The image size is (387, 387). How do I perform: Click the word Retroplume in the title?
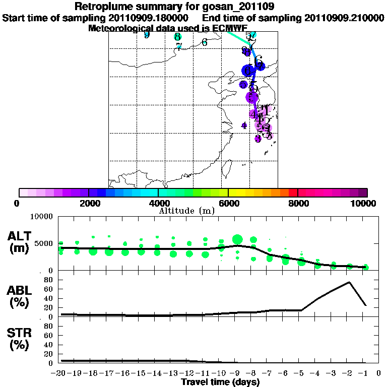[102, 7]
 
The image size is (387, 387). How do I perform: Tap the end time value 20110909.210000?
[344, 18]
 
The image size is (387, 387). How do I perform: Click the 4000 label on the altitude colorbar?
[158, 203]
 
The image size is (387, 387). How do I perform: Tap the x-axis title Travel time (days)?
[220, 382]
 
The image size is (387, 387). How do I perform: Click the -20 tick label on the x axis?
[60, 373]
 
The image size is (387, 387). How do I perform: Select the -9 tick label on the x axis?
[236, 373]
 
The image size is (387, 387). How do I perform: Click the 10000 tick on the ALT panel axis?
[42, 217]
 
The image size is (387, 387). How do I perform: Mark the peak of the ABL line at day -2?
[349, 282]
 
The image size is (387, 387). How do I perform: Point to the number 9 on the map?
[147, 35]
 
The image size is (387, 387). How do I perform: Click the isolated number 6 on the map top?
[205, 42]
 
